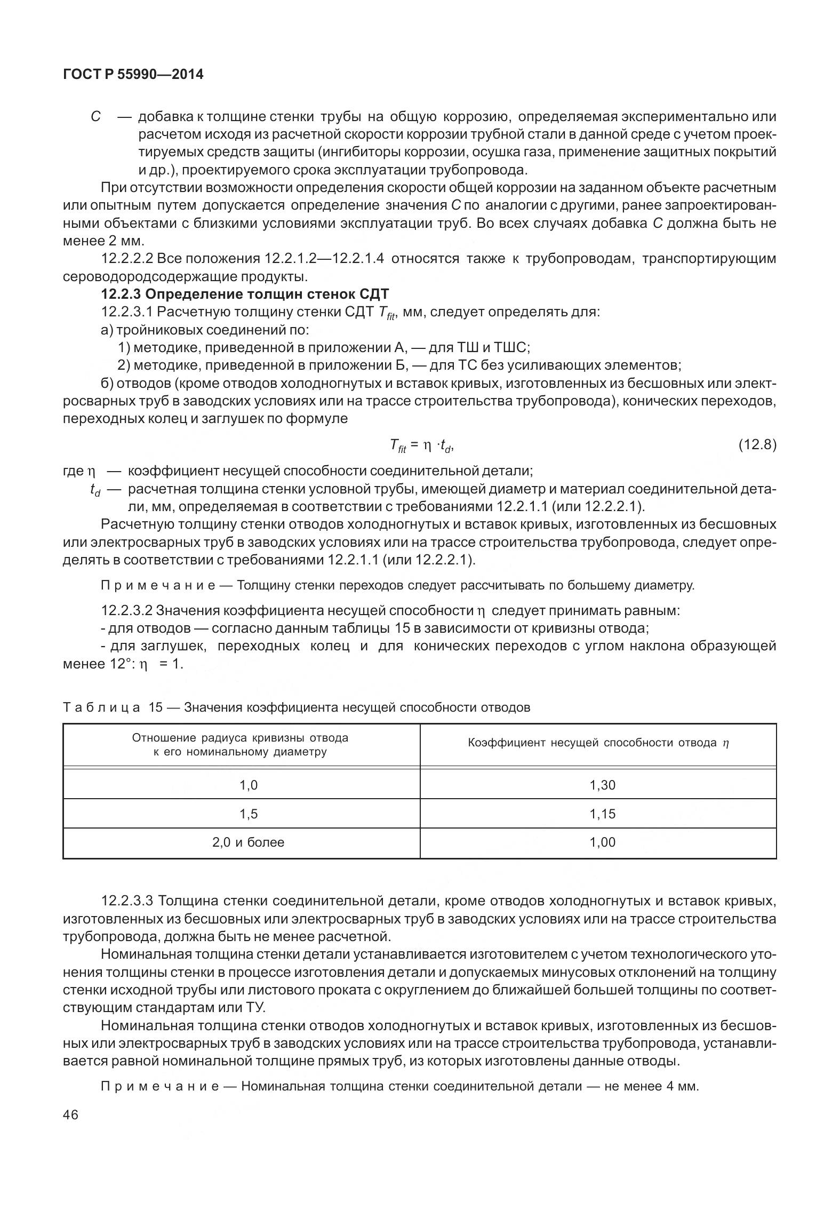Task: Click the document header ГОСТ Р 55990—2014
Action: click(133, 75)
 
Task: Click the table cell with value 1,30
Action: click(602, 785)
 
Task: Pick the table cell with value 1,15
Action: click(602, 814)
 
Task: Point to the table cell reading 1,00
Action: click(602, 842)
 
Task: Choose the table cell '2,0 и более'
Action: click(248, 842)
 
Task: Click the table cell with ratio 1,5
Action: click(248, 814)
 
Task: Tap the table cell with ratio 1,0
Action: click(248, 785)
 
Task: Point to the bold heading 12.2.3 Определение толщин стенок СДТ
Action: click(245, 294)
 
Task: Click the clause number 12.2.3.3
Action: click(127, 901)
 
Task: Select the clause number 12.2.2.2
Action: click(127, 259)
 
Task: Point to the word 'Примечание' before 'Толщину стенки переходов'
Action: click(157, 586)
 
